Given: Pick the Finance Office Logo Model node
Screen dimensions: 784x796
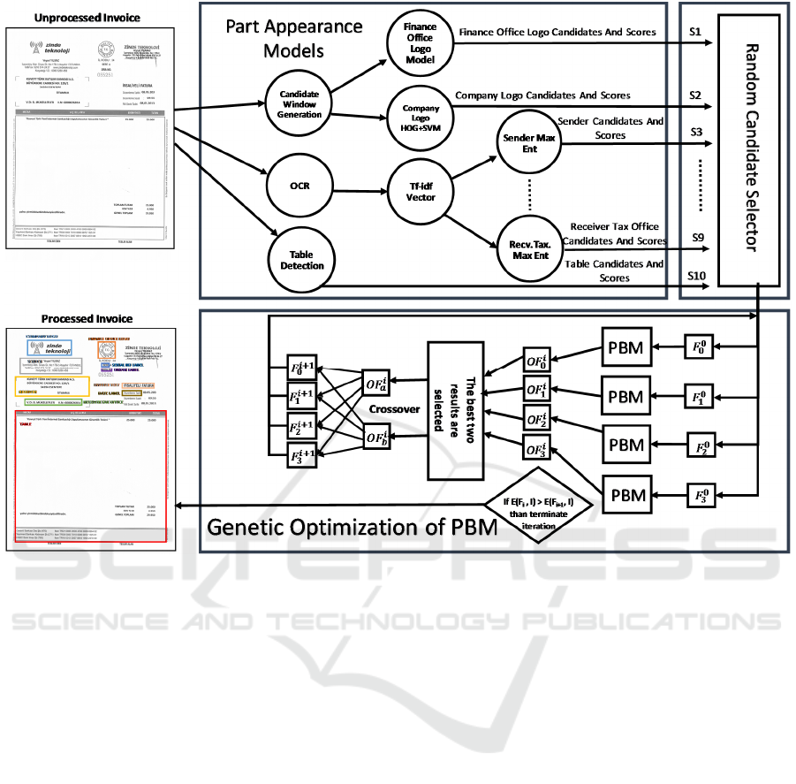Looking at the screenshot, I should [420, 43].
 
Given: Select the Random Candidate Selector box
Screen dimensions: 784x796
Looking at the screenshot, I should [750, 148].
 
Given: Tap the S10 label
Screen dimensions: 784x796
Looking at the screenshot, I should [697, 276].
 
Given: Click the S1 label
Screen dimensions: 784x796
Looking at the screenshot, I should [694, 32].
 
